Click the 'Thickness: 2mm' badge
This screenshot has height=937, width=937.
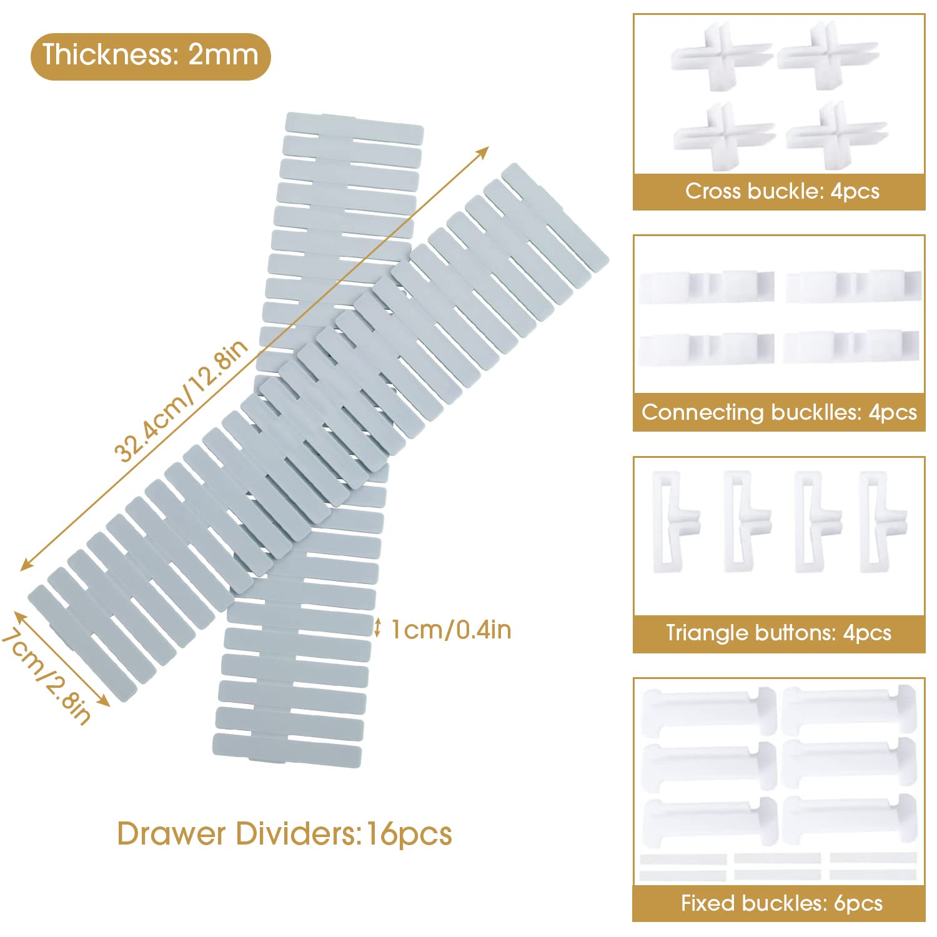coord(150,56)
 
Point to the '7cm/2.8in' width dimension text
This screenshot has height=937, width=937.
coord(47,678)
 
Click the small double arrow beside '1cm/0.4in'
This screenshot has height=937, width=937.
coord(377,627)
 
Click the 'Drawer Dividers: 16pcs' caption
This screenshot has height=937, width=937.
coord(284,834)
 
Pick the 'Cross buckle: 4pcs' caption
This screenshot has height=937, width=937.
coord(781,191)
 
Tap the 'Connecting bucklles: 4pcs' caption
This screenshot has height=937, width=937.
coord(779,412)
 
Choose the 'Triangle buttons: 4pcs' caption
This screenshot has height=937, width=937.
coord(778,633)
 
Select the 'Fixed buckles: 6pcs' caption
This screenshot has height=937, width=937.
coord(781,903)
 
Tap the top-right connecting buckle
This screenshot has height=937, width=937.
coord(853,286)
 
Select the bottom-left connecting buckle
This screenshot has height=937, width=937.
coord(706,347)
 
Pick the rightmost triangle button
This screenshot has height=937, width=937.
coord(881,521)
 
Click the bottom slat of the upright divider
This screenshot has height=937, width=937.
coord(287,750)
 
